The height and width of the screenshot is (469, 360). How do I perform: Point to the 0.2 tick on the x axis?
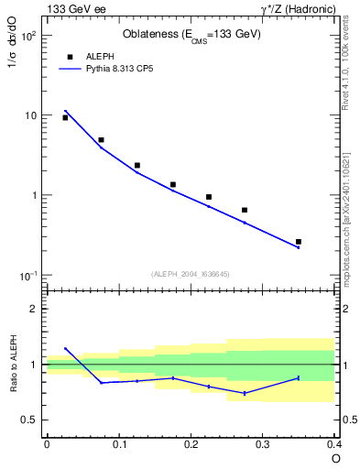click(191, 444)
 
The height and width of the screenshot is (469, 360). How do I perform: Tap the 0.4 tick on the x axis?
click(333, 444)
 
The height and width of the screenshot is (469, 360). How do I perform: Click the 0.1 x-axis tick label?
click(118, 444)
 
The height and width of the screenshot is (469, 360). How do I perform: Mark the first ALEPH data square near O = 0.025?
click(65, 117)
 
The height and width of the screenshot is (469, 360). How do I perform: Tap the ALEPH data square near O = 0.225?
click(209, 197)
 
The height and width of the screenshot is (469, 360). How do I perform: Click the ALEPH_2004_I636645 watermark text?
click(190, 273)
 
